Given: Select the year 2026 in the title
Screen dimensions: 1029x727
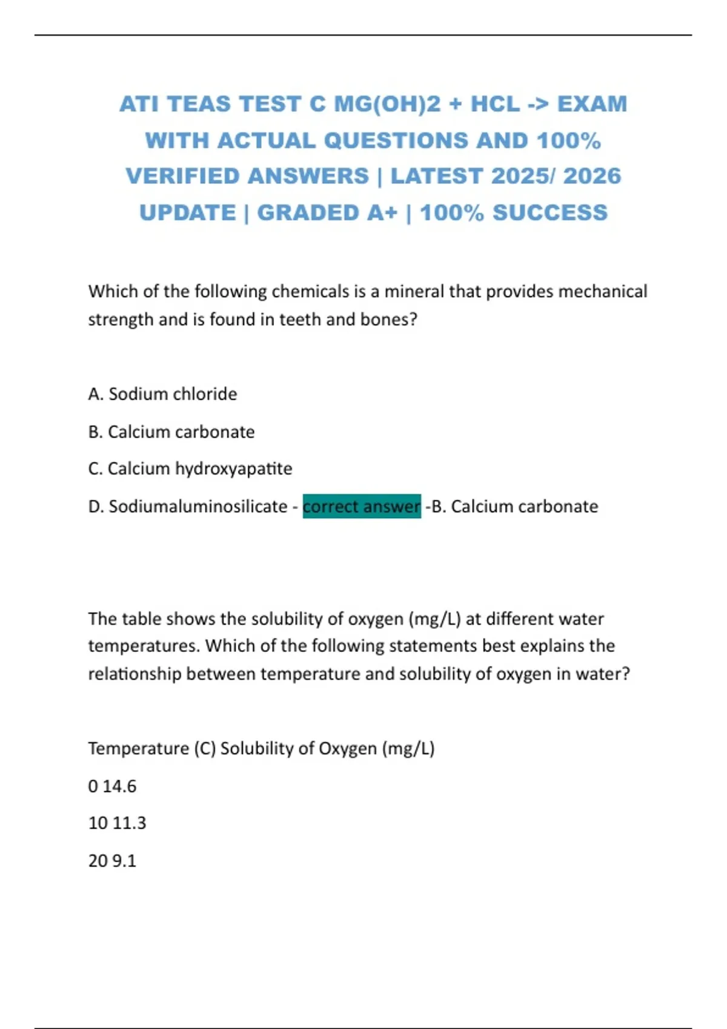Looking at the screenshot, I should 592,176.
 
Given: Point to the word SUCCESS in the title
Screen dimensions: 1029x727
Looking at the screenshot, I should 549,213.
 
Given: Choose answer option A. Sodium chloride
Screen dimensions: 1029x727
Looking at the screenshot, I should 162,394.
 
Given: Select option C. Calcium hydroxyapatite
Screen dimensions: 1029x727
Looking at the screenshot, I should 190,468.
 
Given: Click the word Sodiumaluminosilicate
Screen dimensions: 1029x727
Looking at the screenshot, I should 198,506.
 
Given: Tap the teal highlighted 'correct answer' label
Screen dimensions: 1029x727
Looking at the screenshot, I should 362,506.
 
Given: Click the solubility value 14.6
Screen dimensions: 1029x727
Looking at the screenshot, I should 119,786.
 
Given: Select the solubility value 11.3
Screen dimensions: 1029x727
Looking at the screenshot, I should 129,823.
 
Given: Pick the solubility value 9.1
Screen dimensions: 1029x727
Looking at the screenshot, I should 124,861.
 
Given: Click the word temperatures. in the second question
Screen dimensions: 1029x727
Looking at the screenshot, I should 144,646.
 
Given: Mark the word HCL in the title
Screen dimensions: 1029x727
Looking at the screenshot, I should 495,104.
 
